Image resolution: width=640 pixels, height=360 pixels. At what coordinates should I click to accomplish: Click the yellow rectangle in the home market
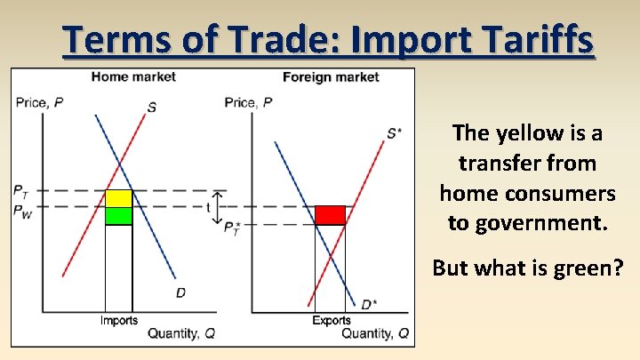(119, 198)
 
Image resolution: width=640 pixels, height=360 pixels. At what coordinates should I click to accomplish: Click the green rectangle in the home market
(119, 215)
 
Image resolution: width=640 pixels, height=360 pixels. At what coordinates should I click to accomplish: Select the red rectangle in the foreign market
(330, 215)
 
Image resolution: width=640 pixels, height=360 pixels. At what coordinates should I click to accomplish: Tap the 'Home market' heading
(133, 76)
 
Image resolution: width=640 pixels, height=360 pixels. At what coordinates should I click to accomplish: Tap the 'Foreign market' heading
(331, 76)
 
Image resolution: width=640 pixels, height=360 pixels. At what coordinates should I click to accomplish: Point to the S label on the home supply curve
(152, 108)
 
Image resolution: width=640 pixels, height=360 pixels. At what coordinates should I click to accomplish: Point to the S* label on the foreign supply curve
(394, 133)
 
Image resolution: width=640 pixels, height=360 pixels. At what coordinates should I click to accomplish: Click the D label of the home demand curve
(180, 292)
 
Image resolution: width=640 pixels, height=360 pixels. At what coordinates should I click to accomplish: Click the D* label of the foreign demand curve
(368, 305)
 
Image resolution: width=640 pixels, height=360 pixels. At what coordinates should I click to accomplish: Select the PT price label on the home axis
(20, 190)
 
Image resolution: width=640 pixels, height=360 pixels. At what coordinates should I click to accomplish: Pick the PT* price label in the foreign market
(233, 228)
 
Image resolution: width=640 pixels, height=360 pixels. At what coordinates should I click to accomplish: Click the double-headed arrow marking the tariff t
(219, 208)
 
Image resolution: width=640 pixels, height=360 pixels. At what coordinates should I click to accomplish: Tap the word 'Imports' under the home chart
(119, 321)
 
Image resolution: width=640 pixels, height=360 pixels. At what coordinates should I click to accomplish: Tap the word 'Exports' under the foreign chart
(331, 321)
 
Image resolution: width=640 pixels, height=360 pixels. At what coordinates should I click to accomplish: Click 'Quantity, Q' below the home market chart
(181, 333)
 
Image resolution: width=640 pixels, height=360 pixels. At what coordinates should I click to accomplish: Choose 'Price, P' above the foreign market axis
(248, 103)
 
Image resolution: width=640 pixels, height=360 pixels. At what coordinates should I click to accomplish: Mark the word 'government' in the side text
(527, 221)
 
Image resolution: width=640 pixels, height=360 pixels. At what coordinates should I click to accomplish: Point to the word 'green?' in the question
(591, 267)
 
